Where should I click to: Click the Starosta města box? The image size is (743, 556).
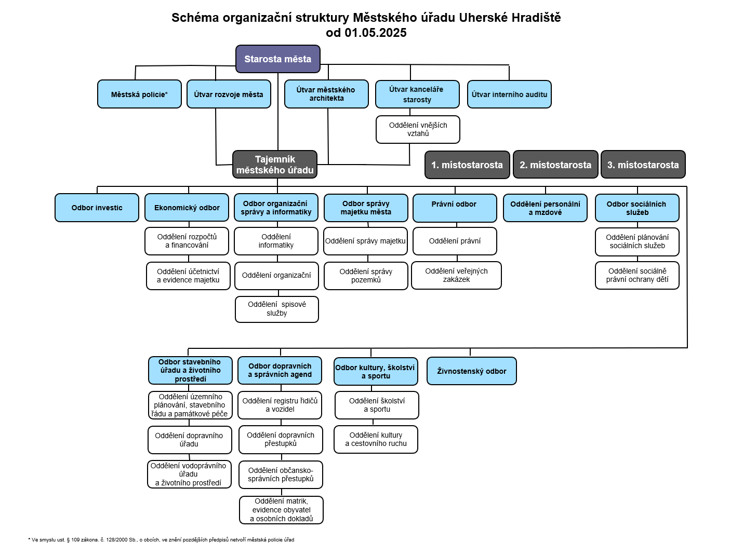click(277, 59)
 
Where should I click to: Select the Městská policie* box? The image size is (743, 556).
click(139, 94)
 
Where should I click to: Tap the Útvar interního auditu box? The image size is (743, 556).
click(509, 94)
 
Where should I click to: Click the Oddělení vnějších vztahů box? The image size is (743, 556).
click(418, 129)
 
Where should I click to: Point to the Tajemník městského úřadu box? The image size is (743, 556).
click(274, 165)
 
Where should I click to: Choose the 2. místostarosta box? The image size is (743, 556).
click(555, 165)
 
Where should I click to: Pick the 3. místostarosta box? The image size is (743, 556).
click(643, 165)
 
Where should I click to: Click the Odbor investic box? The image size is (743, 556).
click(97, 208)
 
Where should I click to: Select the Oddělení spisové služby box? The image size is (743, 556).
click(276, 309)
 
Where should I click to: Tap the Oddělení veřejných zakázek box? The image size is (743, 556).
click(456, 275)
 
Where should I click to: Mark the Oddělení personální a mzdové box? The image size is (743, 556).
click(545, 208)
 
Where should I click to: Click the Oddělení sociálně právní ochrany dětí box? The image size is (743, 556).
click(637, 275)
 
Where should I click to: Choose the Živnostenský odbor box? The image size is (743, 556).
click(471, 371)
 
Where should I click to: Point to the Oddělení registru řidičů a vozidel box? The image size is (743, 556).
click(280, 405)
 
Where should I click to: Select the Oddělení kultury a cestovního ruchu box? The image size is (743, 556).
click(376, 439)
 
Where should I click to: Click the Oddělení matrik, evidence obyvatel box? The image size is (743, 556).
click(281, 510)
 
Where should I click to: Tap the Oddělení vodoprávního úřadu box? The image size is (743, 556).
click(189, 474)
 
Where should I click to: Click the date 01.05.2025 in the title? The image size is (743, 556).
click(375, 33)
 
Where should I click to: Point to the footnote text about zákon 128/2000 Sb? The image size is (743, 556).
click(161, 540)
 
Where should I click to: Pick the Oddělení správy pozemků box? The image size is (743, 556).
click(366, 276)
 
